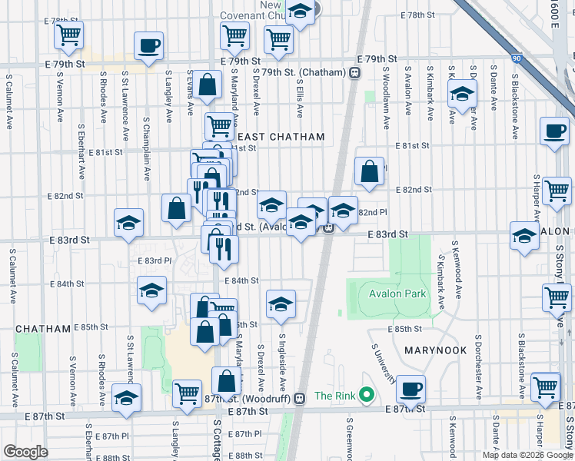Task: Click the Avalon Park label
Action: [398, 294]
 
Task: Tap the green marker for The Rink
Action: [367, 396]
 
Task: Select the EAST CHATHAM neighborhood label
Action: [286, 137]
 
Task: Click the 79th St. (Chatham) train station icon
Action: [355, 72]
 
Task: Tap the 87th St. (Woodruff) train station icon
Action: [300, 397]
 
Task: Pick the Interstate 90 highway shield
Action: [517, 58]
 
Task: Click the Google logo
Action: [25, 452]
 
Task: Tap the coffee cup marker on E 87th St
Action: [411, 389]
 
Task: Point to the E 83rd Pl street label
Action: [154, 260]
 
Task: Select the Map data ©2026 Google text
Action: [526, 455]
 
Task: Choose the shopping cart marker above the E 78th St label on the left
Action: [69, 34]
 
